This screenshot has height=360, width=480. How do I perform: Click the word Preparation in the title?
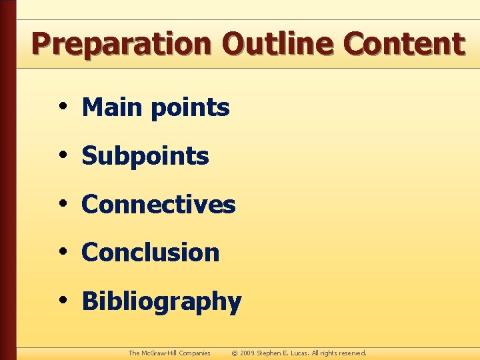[x=122, y=45]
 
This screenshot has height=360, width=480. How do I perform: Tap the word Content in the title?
[x=404, y=45]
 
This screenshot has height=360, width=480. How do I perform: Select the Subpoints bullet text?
[x=145, y=157]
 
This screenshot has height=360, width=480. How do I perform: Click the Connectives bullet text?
[x=159, y=205]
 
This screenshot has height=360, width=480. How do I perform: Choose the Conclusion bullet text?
[x=151, y=253]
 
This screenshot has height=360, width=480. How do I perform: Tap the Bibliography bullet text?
[x=161, y=302]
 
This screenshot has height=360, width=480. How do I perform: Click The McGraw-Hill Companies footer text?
[x=169, y=353]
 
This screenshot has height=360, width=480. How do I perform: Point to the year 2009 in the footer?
[x=247, y=353]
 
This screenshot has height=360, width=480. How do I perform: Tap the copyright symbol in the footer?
[x=234, y=353]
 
